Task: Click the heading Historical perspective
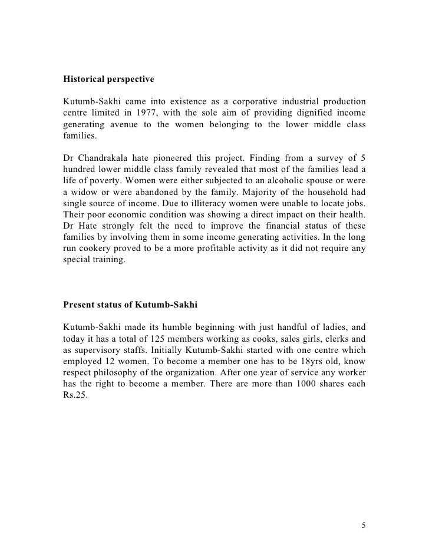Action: point(109,77)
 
